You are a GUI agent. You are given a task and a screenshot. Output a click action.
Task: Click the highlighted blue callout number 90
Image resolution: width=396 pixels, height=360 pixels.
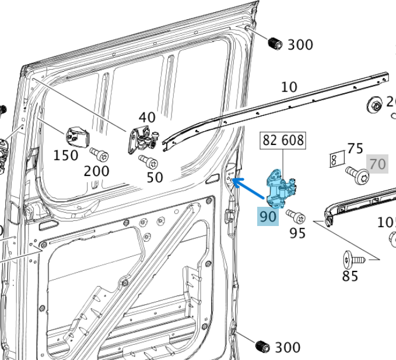268,216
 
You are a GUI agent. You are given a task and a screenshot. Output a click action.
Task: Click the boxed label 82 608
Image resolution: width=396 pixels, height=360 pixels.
283,140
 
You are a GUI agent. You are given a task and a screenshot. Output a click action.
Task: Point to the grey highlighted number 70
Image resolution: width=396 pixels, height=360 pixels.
377,164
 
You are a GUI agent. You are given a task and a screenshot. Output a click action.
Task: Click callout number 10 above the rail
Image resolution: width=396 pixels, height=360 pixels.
289,87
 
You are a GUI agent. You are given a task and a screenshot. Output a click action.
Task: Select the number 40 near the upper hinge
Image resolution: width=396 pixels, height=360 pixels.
147,117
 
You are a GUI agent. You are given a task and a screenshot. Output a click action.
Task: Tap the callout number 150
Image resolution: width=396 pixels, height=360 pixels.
66,156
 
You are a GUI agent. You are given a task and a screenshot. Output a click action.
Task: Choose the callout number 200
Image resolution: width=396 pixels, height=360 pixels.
96,171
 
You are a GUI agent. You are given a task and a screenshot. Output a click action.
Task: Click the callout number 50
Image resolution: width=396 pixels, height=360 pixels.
155,177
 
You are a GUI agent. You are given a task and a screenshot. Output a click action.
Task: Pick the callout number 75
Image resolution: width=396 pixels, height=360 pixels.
355,148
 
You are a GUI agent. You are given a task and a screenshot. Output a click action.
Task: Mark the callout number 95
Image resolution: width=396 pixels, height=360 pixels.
297,233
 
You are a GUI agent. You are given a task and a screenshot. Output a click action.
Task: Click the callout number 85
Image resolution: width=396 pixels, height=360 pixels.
350,276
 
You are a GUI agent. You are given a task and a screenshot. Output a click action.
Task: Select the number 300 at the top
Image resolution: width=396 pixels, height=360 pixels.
300,44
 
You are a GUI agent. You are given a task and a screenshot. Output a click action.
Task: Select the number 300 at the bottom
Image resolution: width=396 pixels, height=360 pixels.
288,348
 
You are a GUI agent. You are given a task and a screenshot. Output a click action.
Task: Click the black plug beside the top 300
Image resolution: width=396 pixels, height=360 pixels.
274,43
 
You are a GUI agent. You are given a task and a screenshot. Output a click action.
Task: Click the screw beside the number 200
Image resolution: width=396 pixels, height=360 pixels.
99,155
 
